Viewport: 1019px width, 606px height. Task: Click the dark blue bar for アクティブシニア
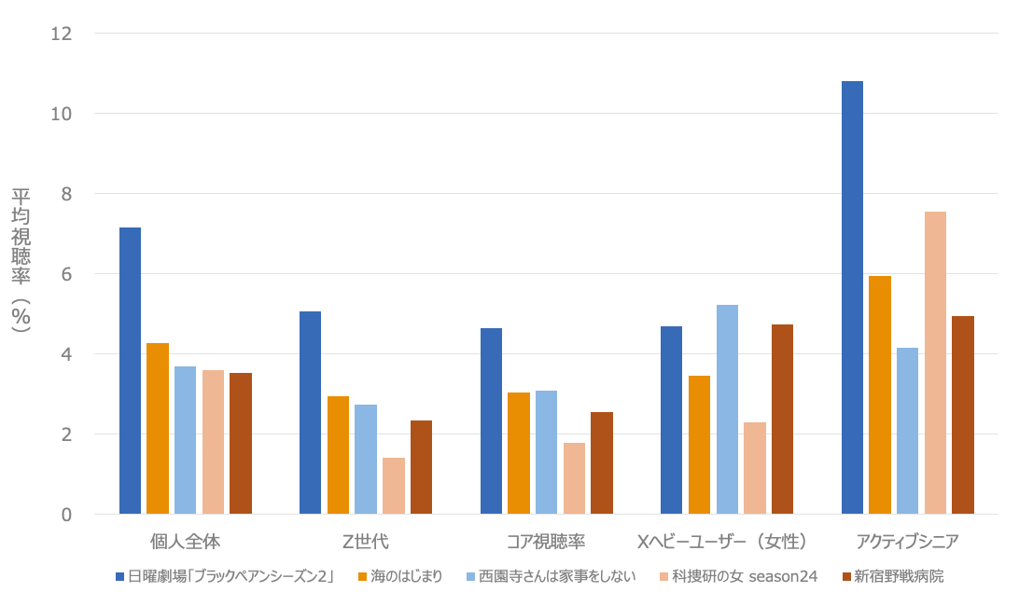[852, 297]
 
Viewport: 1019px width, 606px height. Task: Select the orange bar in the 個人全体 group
[158, 429]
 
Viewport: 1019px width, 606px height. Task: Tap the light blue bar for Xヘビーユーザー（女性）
[727, 409]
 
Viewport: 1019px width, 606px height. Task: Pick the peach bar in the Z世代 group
[394, 486]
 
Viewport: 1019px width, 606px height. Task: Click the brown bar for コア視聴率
[602, 463]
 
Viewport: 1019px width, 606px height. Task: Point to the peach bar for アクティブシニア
[935, 363]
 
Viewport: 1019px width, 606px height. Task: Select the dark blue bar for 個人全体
[130, 370]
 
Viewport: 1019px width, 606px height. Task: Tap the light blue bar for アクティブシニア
[907, 431]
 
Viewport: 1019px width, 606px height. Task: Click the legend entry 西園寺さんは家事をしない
[557, 576]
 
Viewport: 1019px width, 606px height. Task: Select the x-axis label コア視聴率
[546, 542]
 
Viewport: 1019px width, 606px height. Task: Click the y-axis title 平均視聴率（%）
[21, 261]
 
